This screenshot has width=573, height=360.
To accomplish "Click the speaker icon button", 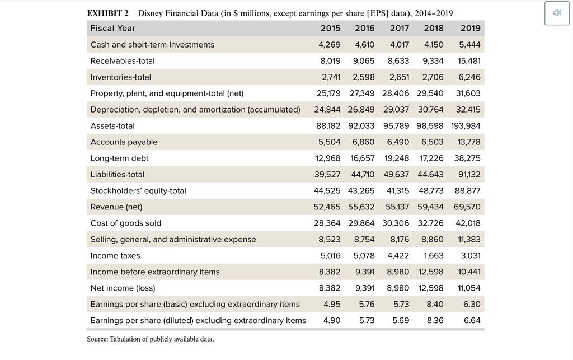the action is pyautogui.click(x=557, y=13).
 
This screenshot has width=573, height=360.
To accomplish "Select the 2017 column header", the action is pyautogui.click(x=399, y=28).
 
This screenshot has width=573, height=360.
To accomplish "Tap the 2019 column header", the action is pyautogui.click(x=470, y=28).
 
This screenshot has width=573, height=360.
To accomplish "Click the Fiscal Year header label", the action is pyautogui.click(x=113, y=28).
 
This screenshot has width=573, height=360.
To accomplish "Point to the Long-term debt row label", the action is pyautogui.click(x=120, y=158).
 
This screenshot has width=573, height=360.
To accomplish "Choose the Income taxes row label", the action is pyautogui.click(x=115, y=255).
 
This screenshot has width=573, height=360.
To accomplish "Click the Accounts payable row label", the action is pyautogui.click(x=124, y=142).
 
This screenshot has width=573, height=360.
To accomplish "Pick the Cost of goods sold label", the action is pyautogui.click(x=126, y=223).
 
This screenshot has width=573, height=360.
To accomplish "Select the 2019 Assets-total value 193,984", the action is pyautogui.click(x=466, y=126).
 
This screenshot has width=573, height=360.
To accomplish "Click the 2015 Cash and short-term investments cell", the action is pyautogui.click(x=329, y=45).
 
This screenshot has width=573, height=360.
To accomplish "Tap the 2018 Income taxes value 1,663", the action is pyautogui.click(x=434, y=255).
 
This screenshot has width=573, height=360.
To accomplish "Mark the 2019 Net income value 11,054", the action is pyautogui.click(x=469, y=288).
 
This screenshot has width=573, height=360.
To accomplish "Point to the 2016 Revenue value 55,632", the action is pyautogui.click(x=361, y=207).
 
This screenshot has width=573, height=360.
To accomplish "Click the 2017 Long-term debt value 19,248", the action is pyautogui.click(x=397, y=158).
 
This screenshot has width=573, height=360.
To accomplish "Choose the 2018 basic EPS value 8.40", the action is pyautogui.click(x=435, y=304).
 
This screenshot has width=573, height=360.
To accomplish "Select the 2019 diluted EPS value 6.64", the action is pyautogui.click(x=472, y=320).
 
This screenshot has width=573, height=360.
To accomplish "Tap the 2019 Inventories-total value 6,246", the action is pyautogui.click(x=469, y=77).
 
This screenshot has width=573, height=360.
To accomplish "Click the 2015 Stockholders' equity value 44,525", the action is pyautogui.click(x=327, y=191).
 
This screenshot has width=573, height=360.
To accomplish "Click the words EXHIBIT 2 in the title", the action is pyautogui.click(x=108, y=13).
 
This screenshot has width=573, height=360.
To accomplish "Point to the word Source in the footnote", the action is pyautogui.click(x=97, y=339).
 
